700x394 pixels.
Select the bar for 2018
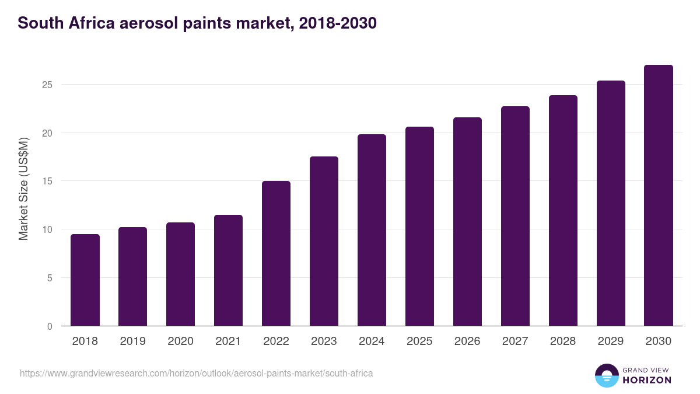click(x=85, y=280)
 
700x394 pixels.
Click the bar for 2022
click(x=276, y=253)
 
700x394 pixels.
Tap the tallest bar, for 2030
click(x=659, y=196)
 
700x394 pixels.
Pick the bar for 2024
click(x=372, y=230)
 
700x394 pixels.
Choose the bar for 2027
click(x=515, y=216)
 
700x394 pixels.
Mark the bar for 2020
click(x=180, y=274)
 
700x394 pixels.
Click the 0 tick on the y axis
click(x=50, y=326)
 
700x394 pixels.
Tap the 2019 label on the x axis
click(x=132, y=341)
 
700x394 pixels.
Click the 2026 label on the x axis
click(x=467, y=341)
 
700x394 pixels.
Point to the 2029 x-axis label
click(x=611, y=341)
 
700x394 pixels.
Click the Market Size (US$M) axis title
click(x=23, y=189)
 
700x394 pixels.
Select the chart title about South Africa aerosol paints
click(x=197, y=23)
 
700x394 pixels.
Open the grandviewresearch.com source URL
click(x=196, y=373)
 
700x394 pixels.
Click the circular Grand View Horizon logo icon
click(x=607, y=375)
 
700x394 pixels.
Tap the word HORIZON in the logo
click(x=647, y=380)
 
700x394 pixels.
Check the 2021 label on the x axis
click(x=228, y=341)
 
